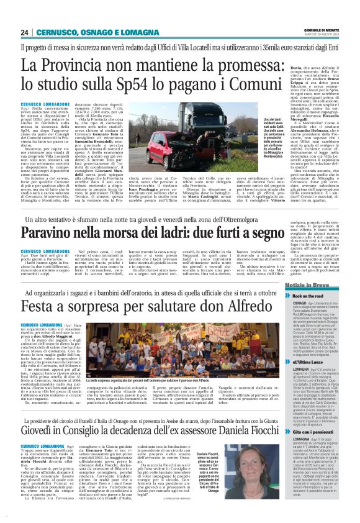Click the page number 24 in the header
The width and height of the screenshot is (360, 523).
pyautogui.click(x=26, y=32)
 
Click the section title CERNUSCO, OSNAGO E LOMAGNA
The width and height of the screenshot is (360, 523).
pyautogui.click(x=92, y=32)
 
